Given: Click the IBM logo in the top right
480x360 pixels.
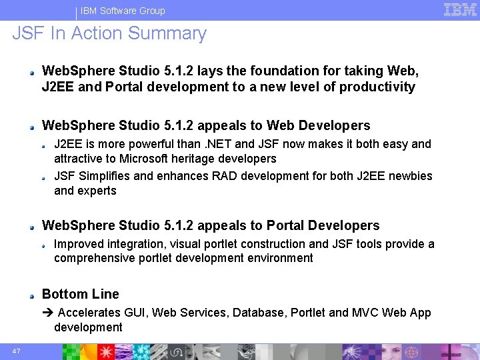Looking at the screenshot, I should coord(461,9).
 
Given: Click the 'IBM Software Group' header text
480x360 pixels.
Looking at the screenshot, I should coord(123,11).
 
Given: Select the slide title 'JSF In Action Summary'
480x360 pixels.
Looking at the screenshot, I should coord(109,33).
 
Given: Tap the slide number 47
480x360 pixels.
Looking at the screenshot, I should coord(15,351).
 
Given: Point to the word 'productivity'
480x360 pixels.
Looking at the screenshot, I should coord(377,87).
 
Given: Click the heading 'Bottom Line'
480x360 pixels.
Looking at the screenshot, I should coord(80,294).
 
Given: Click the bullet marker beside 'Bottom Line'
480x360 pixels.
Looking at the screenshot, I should coord(31,295).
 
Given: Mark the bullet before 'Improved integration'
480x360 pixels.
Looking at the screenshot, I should coord(44,245).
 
